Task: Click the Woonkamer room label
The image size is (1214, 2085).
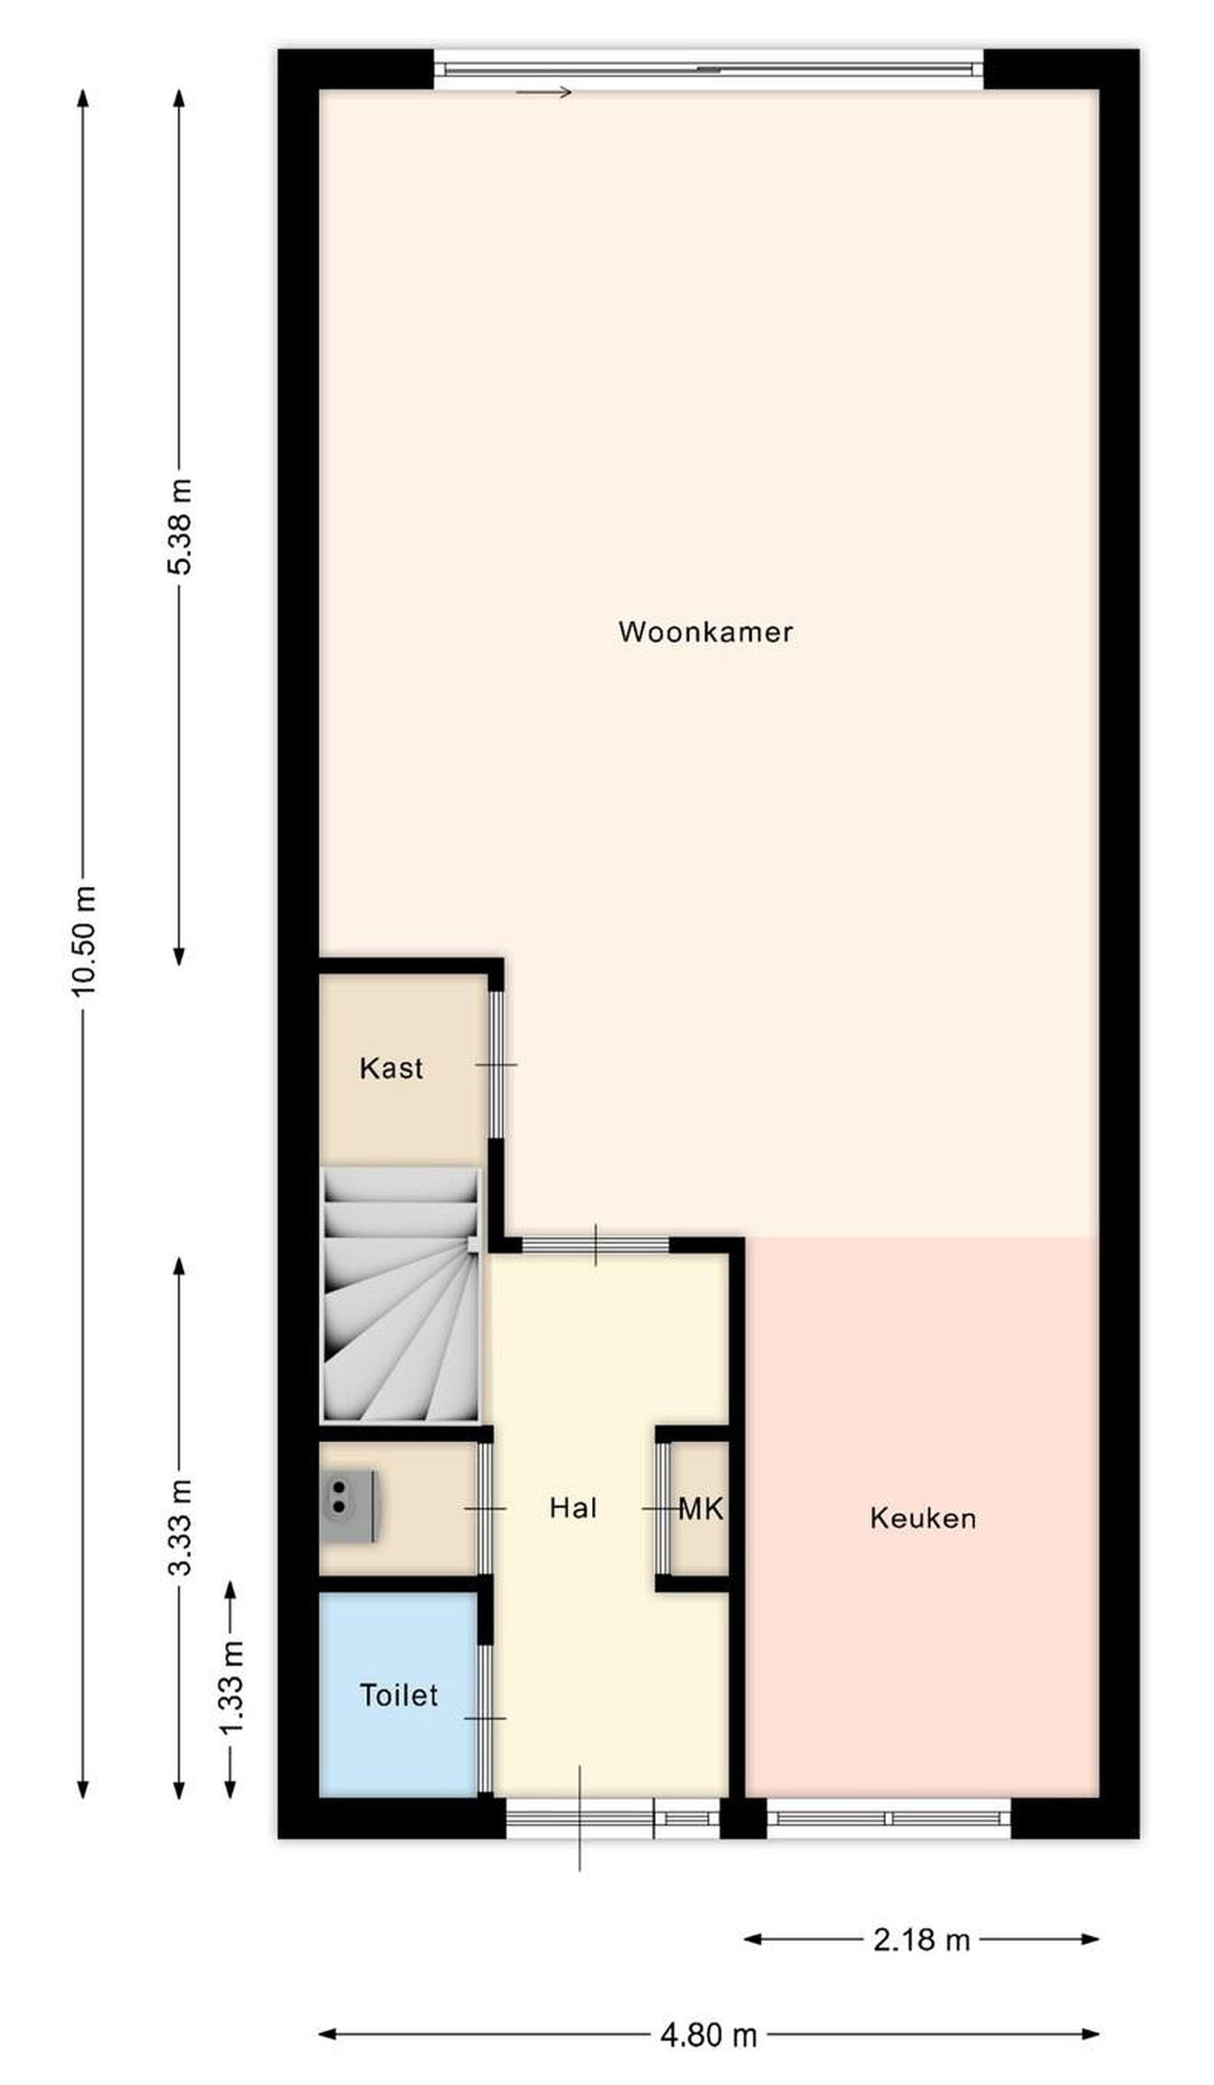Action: click(x=705, y=632)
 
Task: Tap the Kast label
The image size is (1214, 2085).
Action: click(x=391, y=1068)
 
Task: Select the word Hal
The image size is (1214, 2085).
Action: click(x=573, y=1507)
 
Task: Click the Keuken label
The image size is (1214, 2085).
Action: click(x=923, y=1518)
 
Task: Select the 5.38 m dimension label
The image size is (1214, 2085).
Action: click(x=180, y=526)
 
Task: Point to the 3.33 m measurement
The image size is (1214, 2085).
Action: click(x=180, y=1527)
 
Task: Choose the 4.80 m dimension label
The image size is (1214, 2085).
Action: click(x=709, y=2034)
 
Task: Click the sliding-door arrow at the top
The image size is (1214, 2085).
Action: click(x=544, y=92)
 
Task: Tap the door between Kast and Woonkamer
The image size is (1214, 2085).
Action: click(x=495, y=1065)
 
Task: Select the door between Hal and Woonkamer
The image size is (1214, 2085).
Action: click(x=595, y=1244)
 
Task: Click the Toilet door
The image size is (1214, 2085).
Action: click(x=486, y=1719)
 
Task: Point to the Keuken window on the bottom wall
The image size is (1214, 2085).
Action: click(x=889, y=1818)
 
